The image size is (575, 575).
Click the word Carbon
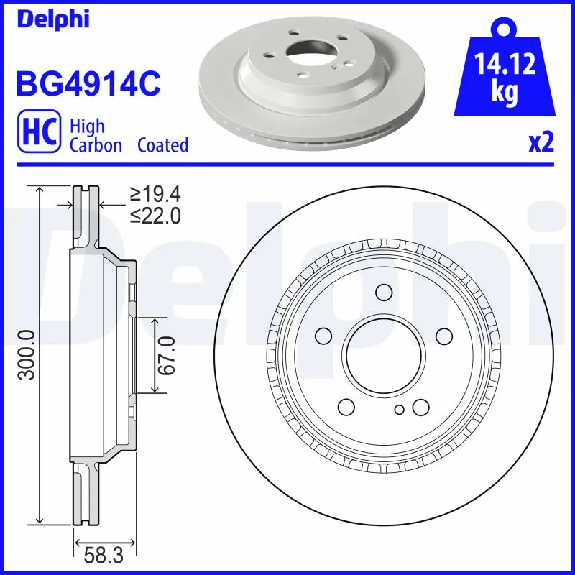pos(96,146)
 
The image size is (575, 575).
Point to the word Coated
pos(163,146)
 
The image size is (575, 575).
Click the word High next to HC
pos(87,126)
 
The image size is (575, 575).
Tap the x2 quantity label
pos(541,143)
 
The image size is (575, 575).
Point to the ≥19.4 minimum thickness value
pos(155,193)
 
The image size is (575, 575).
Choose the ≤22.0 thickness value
pos(155,215)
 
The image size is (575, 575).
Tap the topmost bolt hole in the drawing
pos(384,292)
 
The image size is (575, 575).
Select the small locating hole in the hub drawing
pos(400,410)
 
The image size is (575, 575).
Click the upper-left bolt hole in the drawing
pos(323,336)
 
